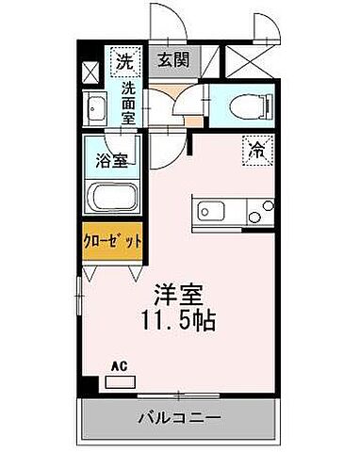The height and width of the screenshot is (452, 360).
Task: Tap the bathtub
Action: point(111,200)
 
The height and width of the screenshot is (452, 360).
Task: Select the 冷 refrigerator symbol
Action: point(257,147)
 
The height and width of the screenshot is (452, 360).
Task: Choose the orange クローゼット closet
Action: point(112,241)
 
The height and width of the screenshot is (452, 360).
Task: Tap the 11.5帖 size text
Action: point(180,320)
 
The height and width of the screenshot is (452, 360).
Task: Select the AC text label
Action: point(119,364)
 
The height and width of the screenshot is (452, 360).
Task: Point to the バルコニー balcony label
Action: point(181,417)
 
